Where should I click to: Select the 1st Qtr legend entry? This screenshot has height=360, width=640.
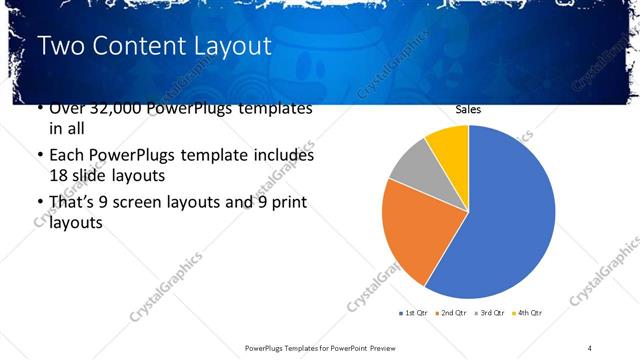414,314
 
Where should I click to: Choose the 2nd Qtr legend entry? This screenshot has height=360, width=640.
452,314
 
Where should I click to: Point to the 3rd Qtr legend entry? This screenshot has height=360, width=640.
490,314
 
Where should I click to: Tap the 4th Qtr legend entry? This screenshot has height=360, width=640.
527,314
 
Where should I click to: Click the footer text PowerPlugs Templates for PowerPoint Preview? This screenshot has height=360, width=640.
321,347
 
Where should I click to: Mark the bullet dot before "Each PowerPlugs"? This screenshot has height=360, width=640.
39,157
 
